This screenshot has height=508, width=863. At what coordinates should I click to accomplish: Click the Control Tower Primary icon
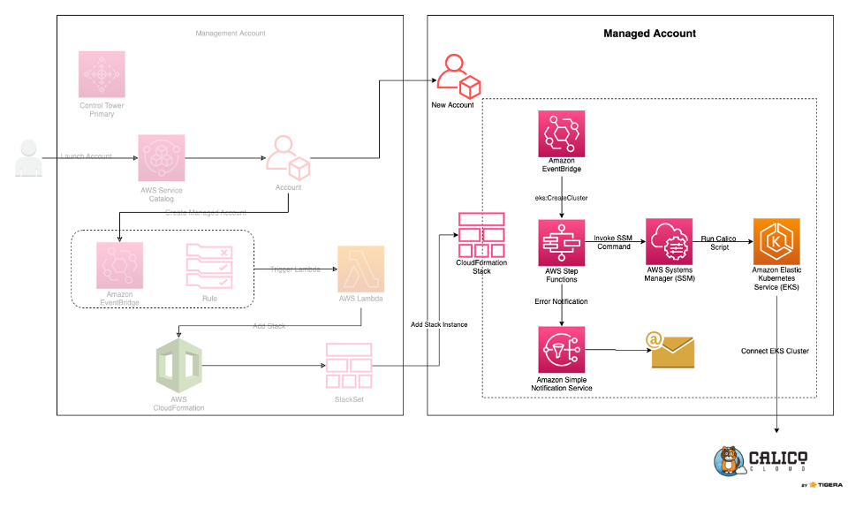click(102, 74)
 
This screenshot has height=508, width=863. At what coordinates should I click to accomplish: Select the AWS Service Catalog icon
click(161, 158)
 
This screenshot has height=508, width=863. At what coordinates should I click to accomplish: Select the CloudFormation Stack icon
click(481, 234)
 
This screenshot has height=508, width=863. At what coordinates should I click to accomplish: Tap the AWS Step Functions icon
click(563, 244)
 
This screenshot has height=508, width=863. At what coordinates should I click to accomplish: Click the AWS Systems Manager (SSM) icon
click(670, 243)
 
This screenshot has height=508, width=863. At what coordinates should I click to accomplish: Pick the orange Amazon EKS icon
click(776, 243)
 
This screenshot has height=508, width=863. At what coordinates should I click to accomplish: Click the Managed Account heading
click(649, 34)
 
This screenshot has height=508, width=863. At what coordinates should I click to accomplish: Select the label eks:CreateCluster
click(562, 199)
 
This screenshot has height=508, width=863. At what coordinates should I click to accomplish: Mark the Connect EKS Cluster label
click(775, 351)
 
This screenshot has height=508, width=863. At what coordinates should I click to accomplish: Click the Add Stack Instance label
click(438, 325)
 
